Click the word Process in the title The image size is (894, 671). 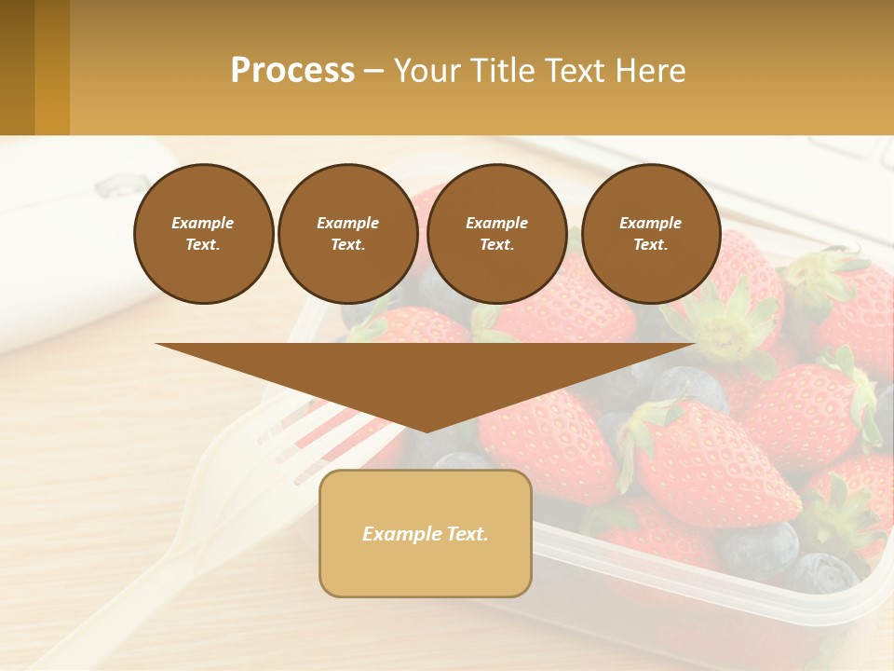tap(292, 71)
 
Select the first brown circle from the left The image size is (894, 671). tap(203, 234)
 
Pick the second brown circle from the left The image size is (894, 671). tap(348, 234)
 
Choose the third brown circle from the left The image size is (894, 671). tap(496, 234)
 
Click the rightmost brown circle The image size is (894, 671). tap(651, 234)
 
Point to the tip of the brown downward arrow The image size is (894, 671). tap(426, 430)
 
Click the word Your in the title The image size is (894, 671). tap(427, 71)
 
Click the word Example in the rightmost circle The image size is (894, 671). tap(651, 223)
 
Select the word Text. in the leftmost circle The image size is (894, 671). tap(203, 245)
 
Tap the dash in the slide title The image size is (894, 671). tap(374, 71)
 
